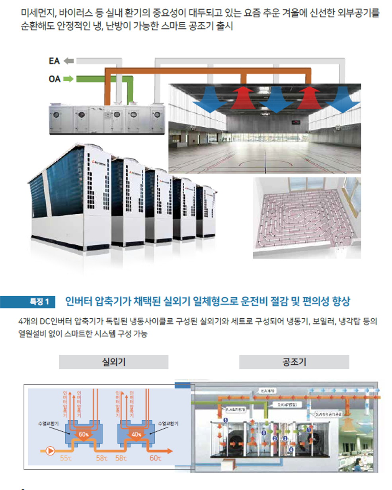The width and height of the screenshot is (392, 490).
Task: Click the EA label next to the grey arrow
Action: pos(54,61)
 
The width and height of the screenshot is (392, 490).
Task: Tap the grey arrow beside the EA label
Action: pos(69,61)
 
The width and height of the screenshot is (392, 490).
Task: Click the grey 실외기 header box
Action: pos(114,362)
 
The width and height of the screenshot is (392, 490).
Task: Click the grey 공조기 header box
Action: pos(294,362)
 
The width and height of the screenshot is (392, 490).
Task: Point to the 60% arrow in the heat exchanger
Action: pos(84,434)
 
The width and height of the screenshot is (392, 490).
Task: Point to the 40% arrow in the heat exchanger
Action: pos(137,434)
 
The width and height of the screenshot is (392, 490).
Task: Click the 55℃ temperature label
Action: pos(66,458)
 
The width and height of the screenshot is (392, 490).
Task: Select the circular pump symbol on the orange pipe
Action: pos(51,451)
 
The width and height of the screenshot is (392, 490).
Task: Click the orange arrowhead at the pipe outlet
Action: pos(170,451)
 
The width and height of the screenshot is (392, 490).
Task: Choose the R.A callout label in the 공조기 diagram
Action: pos(235,409)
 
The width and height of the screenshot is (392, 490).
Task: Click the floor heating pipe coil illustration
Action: pos(307,218)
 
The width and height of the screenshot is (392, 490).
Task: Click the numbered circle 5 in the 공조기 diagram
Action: pos(226,420)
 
